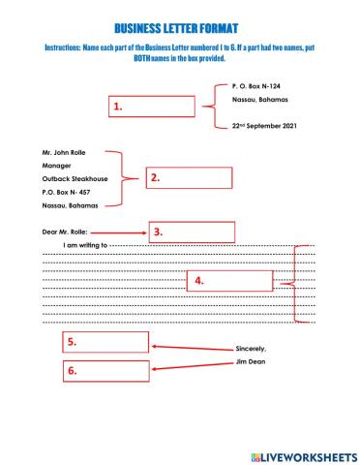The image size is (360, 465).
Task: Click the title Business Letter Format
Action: click(x=180, y=29)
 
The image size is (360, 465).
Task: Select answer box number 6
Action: click(x=106, y=369)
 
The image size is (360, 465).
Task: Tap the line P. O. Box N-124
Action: click(x=257, y=86)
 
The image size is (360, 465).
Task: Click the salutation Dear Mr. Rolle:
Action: click(x=64, y=232)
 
